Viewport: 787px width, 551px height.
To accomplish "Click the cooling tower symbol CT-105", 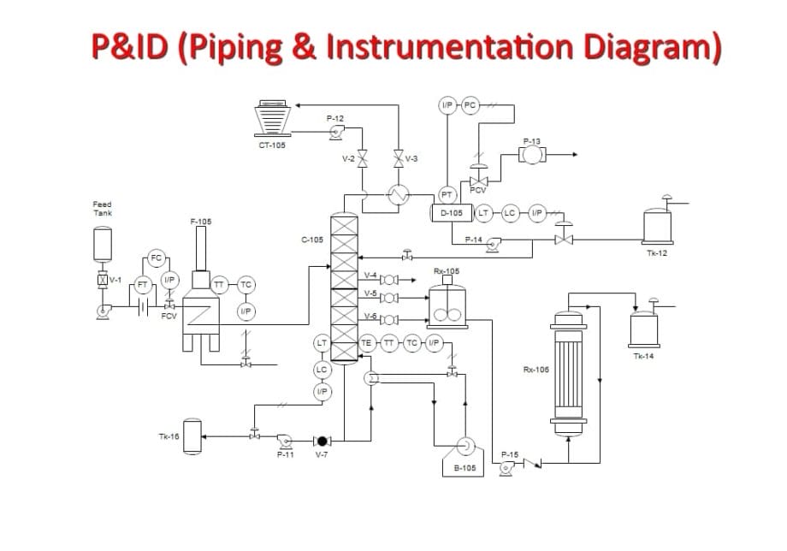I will [x=275, y=117].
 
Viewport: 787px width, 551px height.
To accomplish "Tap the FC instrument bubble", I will [x=156, y=258].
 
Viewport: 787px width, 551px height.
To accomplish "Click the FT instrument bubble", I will [x=143, y=283].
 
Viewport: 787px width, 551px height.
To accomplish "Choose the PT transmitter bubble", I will [x=446, y=195].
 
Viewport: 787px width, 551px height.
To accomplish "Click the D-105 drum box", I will [x=452, y=212].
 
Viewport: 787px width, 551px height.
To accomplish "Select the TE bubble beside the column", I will [x=367, y=342].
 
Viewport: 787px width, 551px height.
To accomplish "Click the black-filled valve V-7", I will [x=322, y=441].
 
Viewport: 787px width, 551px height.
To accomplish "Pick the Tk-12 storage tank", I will [x=659, y=226].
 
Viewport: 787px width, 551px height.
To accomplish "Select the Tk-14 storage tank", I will [x=643, y=329].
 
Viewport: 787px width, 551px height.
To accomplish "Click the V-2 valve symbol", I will [x=362, y=158].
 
